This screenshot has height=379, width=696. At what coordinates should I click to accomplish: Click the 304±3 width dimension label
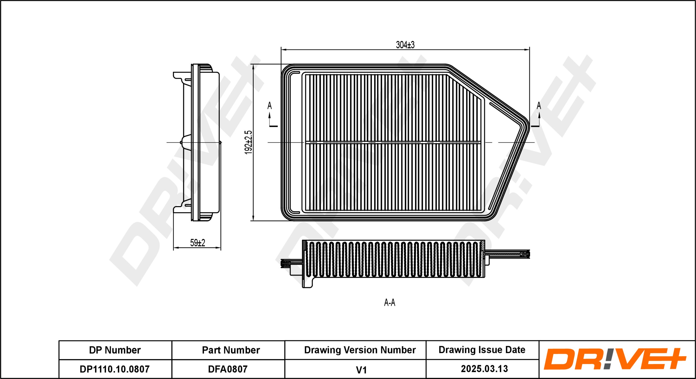(x=405, y=45)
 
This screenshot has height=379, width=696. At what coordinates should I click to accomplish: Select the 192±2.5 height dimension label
(x=248, y=142)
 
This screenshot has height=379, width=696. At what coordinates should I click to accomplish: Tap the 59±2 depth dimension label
(x=197, y=243)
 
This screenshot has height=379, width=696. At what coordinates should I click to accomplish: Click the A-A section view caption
(x=389, y=302)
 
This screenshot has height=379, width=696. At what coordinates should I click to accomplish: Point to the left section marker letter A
(x=269, y=106)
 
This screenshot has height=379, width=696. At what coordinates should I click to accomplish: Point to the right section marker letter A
(x=539, y=106)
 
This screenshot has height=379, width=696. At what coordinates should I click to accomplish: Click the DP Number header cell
(x=115, y=350)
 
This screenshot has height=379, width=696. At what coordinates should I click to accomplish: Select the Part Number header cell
(x=231, y=350)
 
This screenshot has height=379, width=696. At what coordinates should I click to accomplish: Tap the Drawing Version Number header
(x=360, y=350)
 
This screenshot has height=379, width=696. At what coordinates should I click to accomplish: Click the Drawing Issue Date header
(x=482, y=350)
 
